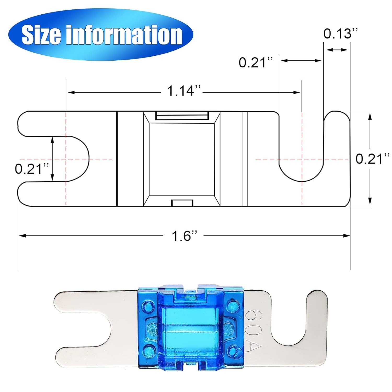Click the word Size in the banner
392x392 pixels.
(41, 35)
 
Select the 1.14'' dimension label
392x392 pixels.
(184, 91)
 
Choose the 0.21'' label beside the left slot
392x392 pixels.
(32, 169)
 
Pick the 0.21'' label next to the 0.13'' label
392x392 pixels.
(256, 62)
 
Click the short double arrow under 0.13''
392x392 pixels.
(337, 50)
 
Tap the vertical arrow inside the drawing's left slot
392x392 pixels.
(52, 159)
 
